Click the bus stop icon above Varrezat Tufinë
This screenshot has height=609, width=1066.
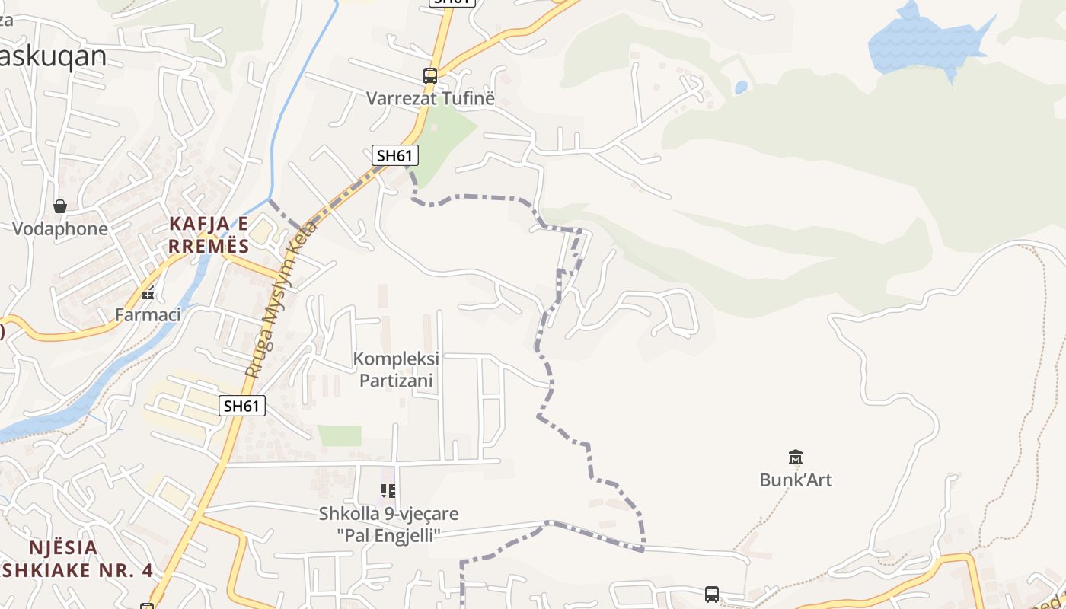pyautogui.click(x=430, y=76)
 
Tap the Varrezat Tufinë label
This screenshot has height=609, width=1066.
pyautogui.click(x=430, y=98)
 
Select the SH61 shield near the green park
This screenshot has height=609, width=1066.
pyautogui.click(x=395, y=155)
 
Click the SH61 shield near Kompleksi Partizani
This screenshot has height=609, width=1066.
pyautogui.click(x=242, y=406)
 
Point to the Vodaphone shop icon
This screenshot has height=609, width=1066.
pyautogui.click(x=60, y=206)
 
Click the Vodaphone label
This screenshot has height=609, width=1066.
pyautogui.click(x=60, y=228)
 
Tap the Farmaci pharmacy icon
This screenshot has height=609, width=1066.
pyautogui.click(x=148, y=293)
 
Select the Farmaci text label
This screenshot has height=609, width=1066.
pyautogui.click(x=148, y=314)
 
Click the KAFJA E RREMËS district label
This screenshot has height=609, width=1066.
pyautogui.click(x=209, y=234)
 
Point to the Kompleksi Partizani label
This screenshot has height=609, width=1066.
pyautogui.click(x=396, y=369)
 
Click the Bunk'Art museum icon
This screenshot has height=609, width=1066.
pyautogui.click(x=796, y=457)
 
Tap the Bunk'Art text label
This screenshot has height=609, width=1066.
pyautogui.click(x=796, y=480)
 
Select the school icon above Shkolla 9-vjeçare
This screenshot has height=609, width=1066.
pyautogui.click(x=388, y=491)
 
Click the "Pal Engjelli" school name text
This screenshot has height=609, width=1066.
pyautogui.click(x=388, y=535)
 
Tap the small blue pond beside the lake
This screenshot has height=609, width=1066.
pyautogui.click(x=741, y=88)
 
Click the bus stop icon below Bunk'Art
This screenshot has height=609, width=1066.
pyautogui.click(x=712, y=594)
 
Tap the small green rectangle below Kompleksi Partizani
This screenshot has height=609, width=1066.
pyautogui.click(x=340, y=435)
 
